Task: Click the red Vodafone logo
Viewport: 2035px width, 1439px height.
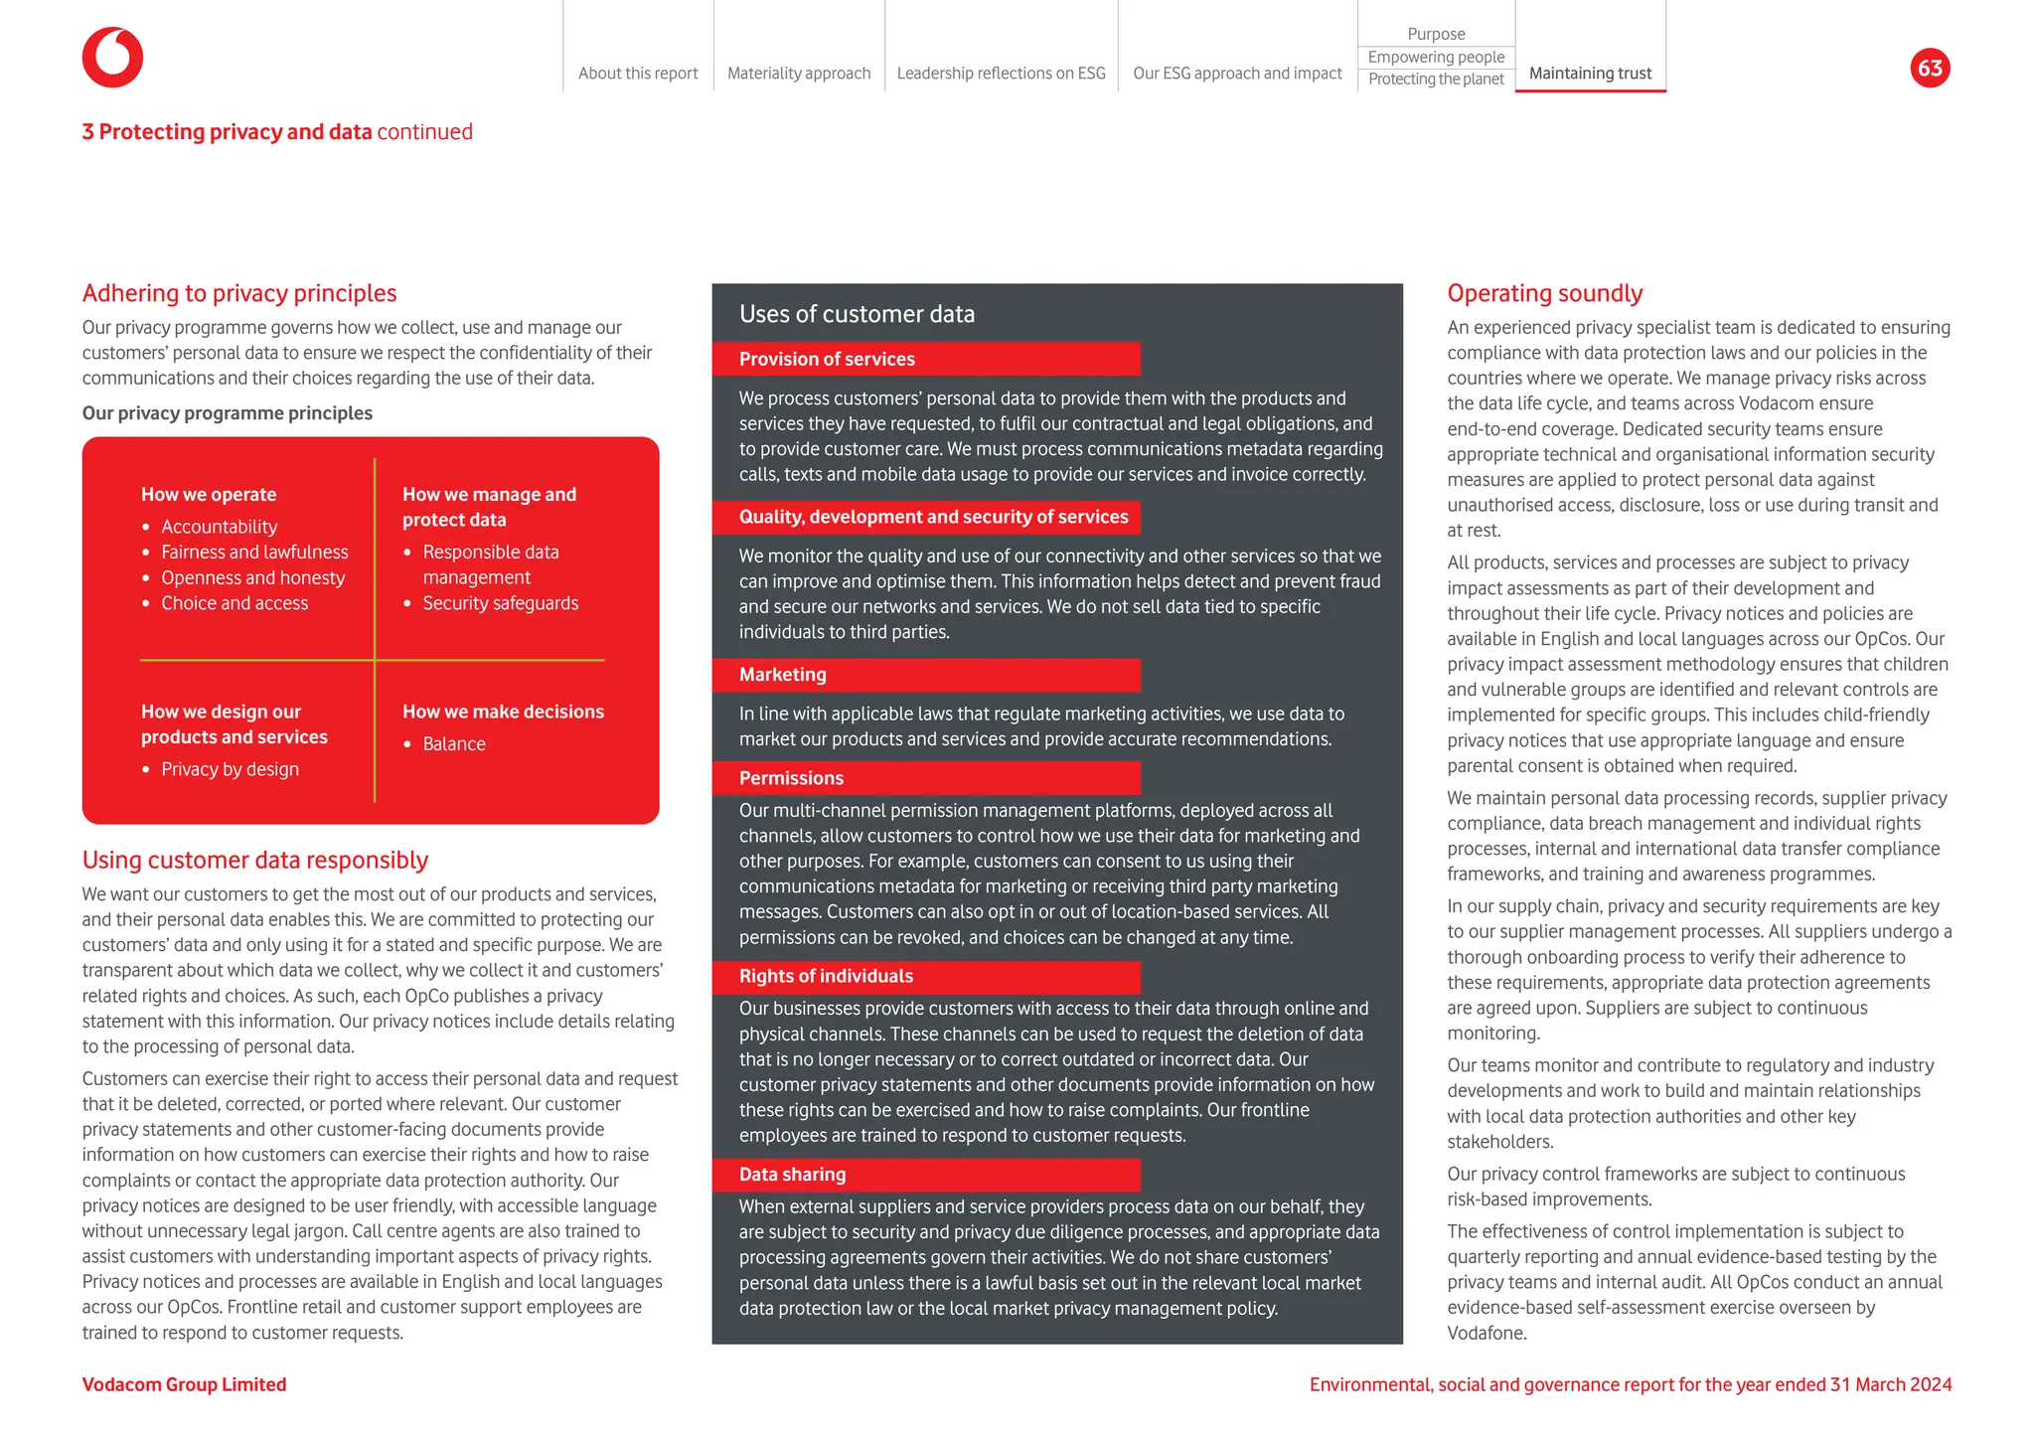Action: pyautogui.click(x=112, y=58)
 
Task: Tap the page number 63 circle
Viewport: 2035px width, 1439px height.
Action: pyautogui.click(x=1929, y=68)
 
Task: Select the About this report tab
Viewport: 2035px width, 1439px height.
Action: pyautogui.click(x=638, y=74)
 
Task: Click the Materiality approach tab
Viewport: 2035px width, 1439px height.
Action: pyautogui.click(x=798, y=74)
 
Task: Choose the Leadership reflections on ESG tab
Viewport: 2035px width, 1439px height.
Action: pyautogui.click(x=1001, y=74)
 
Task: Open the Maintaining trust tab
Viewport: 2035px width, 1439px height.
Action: pyautogui.click(x=1589, y=74)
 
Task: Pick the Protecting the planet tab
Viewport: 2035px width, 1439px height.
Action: pyautogui.click(x=1435, y=80)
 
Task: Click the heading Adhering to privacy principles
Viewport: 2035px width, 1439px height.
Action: pyautogui.click(x=239, y=293)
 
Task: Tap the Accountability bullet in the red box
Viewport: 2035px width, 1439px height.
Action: pyautogui.click(x=219, y=527)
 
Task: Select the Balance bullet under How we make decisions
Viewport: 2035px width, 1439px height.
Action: pyautogui.click(x=453, y=744)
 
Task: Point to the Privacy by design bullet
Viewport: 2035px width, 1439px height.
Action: pyautogui.click(x=230, y=770)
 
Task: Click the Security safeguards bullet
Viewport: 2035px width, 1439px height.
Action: pyautogui.click(x=500, y=603)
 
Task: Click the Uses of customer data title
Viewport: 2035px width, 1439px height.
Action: pyautogui.click(x=857, y=314)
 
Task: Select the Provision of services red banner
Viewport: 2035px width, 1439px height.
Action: pyautogui.click(x=925, y=359)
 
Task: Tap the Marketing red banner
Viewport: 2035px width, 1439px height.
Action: pyautogui.click(x=925, y=675)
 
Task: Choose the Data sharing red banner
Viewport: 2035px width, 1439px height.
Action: pyautogui.click(x=925, y=1175)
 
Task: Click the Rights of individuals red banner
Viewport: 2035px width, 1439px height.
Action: pyautogui.click(x=925, y=977)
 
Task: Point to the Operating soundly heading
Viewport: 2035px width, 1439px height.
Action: pyautogui.click(x=1544, y=293)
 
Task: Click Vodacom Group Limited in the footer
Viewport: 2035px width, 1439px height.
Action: pyautogui.click(x=184, y=1384)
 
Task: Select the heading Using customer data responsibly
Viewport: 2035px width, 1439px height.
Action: pyautogui.click(x=255, y=860)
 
